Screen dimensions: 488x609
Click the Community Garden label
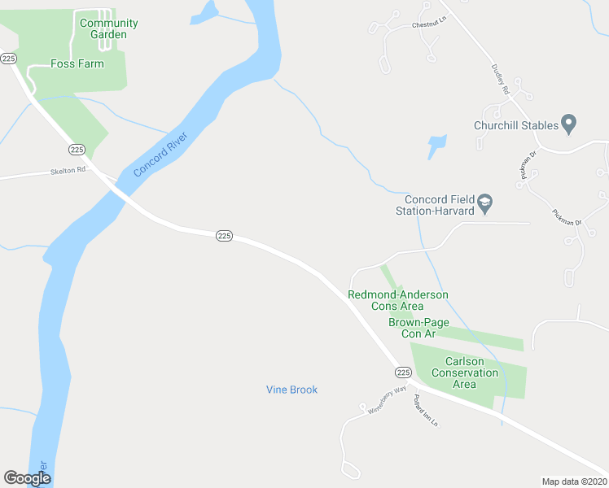108,28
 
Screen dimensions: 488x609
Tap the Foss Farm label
77,63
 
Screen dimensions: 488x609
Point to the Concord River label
160,155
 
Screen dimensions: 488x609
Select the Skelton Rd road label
68,171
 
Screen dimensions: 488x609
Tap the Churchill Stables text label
516,125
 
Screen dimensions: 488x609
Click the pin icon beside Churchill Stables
569,124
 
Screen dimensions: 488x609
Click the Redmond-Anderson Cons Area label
398,300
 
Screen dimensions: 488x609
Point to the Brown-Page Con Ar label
418,328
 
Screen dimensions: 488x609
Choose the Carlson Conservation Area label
465,373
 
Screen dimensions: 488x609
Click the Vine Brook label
291,390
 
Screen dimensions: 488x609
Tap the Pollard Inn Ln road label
425,412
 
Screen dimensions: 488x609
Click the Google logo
27,478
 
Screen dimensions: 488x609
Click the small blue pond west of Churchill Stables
437,146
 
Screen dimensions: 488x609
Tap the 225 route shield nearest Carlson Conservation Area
403,372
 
